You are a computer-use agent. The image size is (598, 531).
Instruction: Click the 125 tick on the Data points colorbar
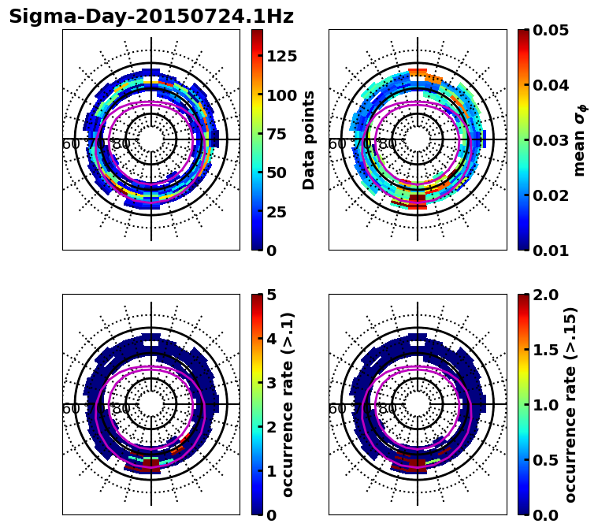click(280, 56)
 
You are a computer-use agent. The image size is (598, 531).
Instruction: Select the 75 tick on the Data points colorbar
click(275, 134)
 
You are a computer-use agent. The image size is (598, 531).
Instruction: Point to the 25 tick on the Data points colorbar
click(275, 211)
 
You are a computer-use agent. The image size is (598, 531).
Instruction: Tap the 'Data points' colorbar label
click(309, 139)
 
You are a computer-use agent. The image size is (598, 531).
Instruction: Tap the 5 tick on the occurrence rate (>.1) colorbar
click(270, 295)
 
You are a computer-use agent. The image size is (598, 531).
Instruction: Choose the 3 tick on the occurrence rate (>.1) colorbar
click(270, 383)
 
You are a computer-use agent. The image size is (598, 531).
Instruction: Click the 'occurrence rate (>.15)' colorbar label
click(570, 405)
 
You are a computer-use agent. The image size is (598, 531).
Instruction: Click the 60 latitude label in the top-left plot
click(70, 144)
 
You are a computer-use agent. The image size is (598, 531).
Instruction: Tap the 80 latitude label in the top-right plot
click(388, 144)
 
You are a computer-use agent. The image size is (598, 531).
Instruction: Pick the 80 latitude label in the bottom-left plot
click(121, 409)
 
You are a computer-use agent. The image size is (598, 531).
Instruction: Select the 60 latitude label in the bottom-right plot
click(336, 409)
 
